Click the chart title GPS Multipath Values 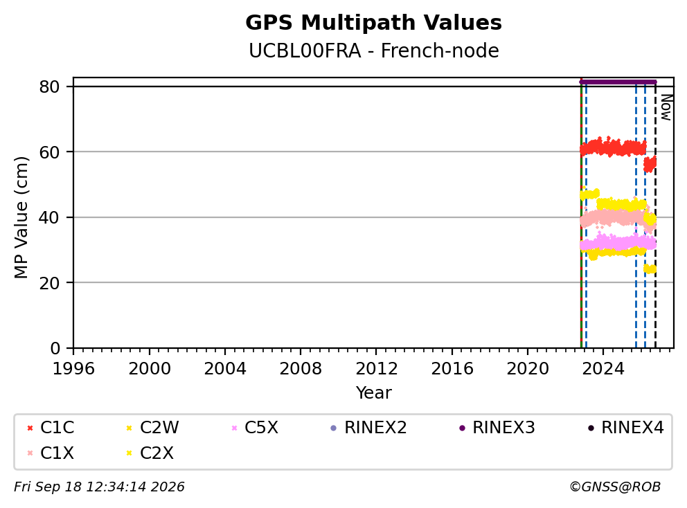pos(373,23)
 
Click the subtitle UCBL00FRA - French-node pos(374,51)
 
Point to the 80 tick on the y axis pos(49,87)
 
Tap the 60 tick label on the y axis pos(49,152)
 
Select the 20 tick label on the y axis pos(49,283)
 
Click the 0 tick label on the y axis pos(55,348)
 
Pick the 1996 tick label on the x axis pos(73,369)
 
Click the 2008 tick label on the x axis pos(301,369)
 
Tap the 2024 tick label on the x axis pos(603,369)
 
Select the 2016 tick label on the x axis pos(452,369)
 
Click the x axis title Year pos(374,393)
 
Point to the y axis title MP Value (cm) pos(21,217)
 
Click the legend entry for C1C pos(51,428)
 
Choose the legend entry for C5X pos(255,428)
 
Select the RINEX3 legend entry pos(497,428)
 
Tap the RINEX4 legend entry pos(625,428)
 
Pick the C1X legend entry pos(51,453)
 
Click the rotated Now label pos(666,107)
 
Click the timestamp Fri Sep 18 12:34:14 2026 pos(99,487)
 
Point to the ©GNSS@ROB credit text pos(615,487)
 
